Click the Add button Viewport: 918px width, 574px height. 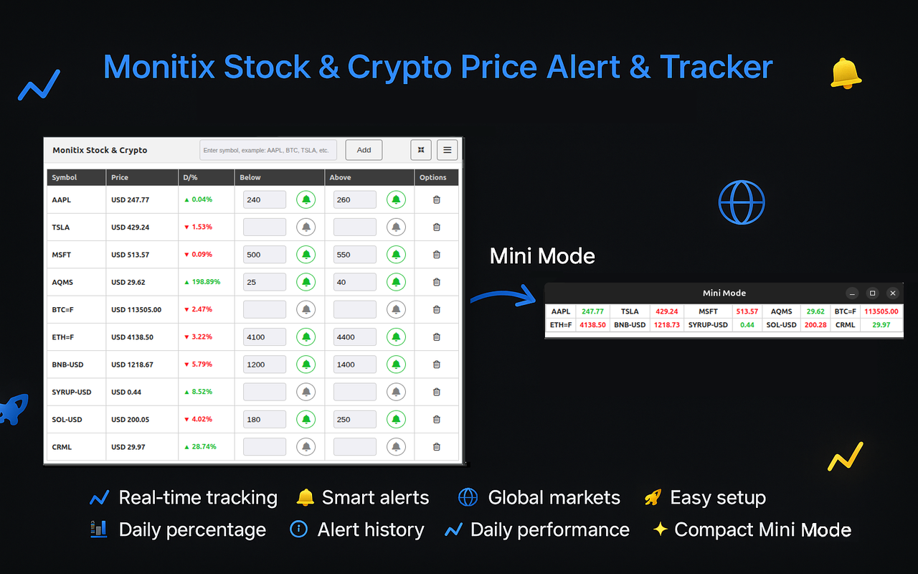(364, 150)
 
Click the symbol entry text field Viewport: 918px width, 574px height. (268, 150)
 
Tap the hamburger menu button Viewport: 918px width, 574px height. (447, 150)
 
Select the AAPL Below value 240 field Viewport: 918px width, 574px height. (264, 199)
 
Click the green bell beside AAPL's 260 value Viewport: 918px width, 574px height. (396, 199)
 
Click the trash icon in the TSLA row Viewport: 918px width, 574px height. (436, 227)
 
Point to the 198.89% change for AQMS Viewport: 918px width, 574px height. (202, 282)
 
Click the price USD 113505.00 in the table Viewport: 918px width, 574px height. (136, 310)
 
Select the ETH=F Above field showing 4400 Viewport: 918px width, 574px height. (354, 337)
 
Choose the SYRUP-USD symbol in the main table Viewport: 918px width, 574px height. (72, 392)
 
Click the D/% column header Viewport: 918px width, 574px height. (190, 177)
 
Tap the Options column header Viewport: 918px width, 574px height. (433, 177)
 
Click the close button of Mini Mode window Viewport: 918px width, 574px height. (892, 293)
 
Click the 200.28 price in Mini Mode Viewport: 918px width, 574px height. (815, 325)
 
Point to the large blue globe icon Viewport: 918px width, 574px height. (742, 202)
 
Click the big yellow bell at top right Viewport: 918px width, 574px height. (846, 74)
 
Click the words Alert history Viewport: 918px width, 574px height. (371, 530)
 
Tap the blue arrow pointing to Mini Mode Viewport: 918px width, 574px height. (503, 296)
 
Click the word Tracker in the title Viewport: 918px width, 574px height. (716, 67)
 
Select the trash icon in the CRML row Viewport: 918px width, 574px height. (436, 447)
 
